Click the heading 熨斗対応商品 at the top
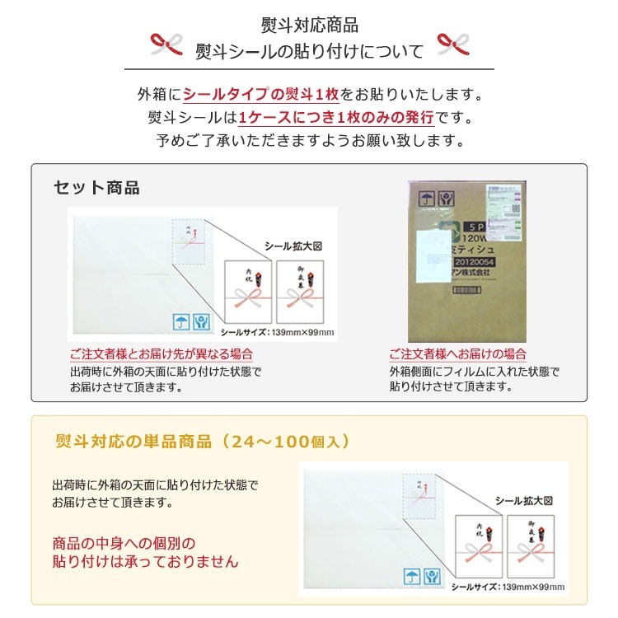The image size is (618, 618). (x=309, y=26)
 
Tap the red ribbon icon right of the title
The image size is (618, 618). (x=452, y=46)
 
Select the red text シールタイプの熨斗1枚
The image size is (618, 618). (x=261, y=94)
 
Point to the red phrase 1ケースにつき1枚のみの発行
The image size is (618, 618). (x=335, y=117)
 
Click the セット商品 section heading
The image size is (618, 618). (x=96, y=188)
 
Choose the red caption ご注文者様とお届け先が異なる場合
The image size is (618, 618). (x=161, y=354)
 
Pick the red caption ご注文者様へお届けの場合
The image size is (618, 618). (x=457, y=354)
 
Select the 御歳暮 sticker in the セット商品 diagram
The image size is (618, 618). (x=301, y=292)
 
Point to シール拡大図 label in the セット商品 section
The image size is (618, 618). (x=292, y=246)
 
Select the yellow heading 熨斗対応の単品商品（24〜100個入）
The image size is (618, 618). (x=202, y=442)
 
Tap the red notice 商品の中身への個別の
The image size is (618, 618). (x=124, y=544)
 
